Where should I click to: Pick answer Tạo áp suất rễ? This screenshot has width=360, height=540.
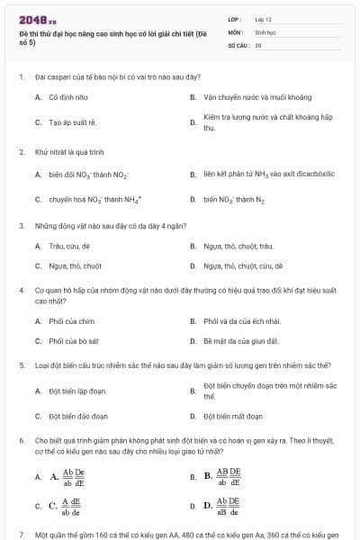[x=72, y=122]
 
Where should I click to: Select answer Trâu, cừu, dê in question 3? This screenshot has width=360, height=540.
[x=68, y=246]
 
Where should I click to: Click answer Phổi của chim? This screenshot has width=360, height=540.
[x=71, y=321]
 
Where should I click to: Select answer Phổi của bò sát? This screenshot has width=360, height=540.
[x=74, y=341]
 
